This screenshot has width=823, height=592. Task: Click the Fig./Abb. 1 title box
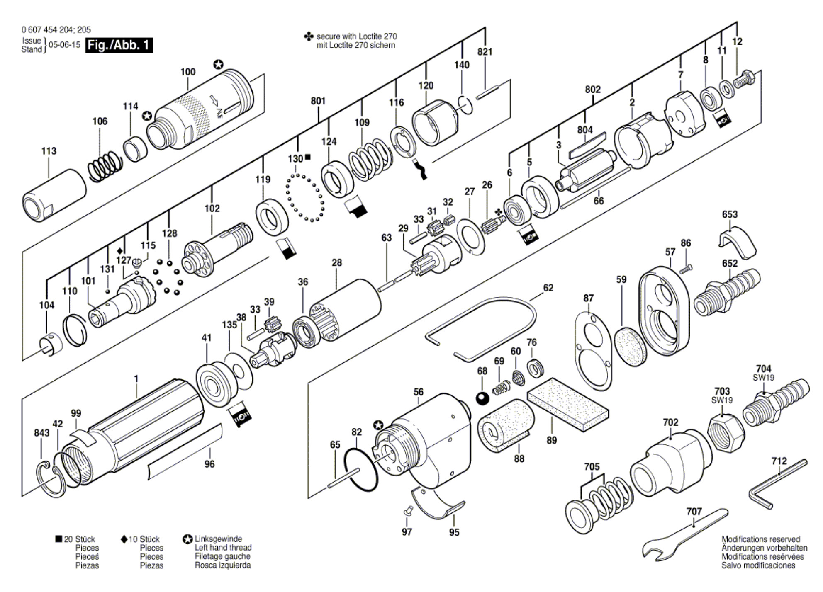pos(119,45)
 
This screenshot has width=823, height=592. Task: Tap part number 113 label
pos(49,151)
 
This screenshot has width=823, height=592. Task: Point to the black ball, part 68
pos(482,398)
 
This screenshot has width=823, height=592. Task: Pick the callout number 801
pos(318,101)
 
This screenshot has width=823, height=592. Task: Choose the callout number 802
pos(593,89)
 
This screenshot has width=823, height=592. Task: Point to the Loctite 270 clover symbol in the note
pos(309,37)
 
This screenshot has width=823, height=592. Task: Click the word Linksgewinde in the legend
pos(218,539)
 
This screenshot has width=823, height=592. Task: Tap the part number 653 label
pos(730,214)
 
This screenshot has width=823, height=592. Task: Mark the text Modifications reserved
pos(761,539)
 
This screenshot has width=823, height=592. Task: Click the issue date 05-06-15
pos(64,45)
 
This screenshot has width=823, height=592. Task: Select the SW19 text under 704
pos(763,378)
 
